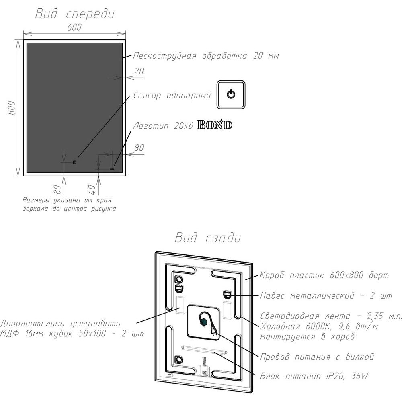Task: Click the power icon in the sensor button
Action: coord(231,94)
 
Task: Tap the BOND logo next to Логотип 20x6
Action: coord(215,125)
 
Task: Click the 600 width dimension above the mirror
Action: coord(74,27)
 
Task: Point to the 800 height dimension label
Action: coord(12,108)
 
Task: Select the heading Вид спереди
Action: coord(75,14)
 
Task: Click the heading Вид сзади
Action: coord(208,238)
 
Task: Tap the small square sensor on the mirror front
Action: coord(75,162)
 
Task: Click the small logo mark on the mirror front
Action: coord(112,169)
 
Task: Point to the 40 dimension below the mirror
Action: coord(92,190)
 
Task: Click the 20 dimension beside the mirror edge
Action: coord(139,71)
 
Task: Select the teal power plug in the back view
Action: coord(204,322)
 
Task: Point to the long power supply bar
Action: coord(204,350)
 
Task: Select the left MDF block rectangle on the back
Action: coord(180,305)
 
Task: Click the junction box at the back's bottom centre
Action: coord(204,371)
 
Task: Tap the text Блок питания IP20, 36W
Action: coord(314,376)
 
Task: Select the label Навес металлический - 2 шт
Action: coord(326,295)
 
